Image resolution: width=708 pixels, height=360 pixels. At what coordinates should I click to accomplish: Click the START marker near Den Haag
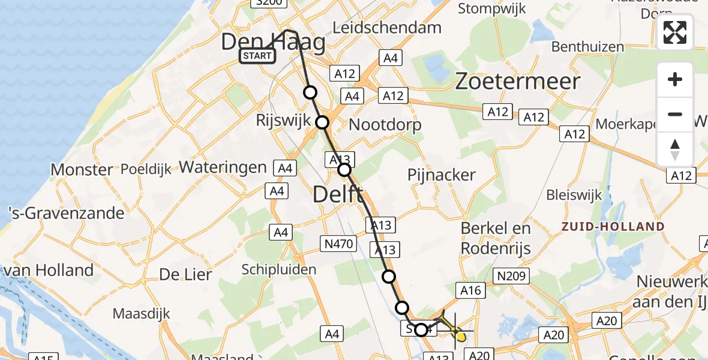pyautogui.click(x=257, y=56)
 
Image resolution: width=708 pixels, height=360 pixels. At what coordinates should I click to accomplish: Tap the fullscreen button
pyautogui.click(x=675, y=32)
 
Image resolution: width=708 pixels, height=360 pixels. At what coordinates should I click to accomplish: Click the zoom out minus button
pyautogui.click(x=675, y=114)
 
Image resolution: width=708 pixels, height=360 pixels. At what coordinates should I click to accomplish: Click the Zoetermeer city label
pyautogui.click(x=518, y=81)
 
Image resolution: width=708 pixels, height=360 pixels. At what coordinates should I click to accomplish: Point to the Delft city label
pyautogui.click(x=338, y=194)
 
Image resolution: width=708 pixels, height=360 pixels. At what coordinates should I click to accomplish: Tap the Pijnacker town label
pyautogui.click(x=442, y=175)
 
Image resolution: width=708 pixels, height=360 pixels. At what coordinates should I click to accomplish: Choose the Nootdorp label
pyautogui.click(x=385, y=125)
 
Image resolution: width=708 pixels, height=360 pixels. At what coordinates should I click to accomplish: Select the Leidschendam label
pyautogui.click(x=387, y=28)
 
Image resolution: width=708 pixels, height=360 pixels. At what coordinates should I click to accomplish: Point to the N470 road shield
pyautogui.click(x=340, y=244)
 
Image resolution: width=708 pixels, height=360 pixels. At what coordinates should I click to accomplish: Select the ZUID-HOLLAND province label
pyautogui.click(x=613, y=227)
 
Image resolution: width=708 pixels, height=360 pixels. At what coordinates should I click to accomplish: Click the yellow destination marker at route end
pyautogui.click(x=461, y=337)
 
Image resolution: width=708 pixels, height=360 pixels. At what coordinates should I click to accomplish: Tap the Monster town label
pyautogui.click(x=82, y=169)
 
